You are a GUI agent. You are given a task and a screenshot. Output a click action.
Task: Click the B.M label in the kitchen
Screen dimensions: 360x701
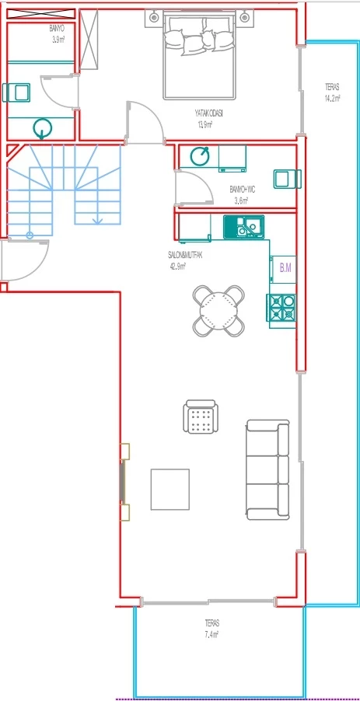coord(285,268)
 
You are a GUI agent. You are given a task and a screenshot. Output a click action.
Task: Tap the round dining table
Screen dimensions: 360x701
coord(219,310)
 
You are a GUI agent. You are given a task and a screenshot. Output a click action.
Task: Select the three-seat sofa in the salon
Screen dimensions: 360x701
coord(268,469)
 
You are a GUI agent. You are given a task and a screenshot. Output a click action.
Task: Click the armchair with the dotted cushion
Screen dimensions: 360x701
coord(201,417)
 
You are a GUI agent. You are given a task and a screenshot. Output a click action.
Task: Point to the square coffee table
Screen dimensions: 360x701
coord(170,489)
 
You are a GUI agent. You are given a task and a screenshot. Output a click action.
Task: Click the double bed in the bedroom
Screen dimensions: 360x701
coord(199,55)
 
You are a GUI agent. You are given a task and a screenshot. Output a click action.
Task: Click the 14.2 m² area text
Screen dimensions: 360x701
coord(332,99)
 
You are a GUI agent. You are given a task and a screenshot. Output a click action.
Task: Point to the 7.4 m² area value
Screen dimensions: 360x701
coord(212,634)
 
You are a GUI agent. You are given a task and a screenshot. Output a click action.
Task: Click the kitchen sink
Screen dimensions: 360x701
coord(243,227)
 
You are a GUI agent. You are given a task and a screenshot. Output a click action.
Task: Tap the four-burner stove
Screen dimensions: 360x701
coord(282,308)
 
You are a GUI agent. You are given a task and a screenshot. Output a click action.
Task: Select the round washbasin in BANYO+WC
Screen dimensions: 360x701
coord(200,155)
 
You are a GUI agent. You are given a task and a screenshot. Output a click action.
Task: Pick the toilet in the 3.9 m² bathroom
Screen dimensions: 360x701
coord(16,92)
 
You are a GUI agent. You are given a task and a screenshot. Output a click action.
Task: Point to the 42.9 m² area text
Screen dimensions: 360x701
coord(175,267)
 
